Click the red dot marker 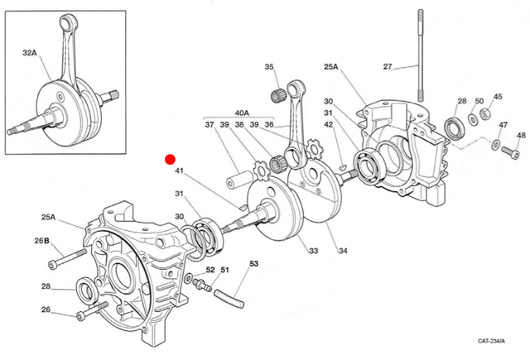(170, 159)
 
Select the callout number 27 (387, 66)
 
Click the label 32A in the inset (29, 52)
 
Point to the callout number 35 (268, 67)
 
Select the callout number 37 (209, 125)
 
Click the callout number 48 (520, 135)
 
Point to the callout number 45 (498, 96)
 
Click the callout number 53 (253, 264)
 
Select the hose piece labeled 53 (226, 292)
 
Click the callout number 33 (312, 251)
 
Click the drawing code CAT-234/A (494, 340)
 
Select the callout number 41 (179, 172)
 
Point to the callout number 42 (329, 125)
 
